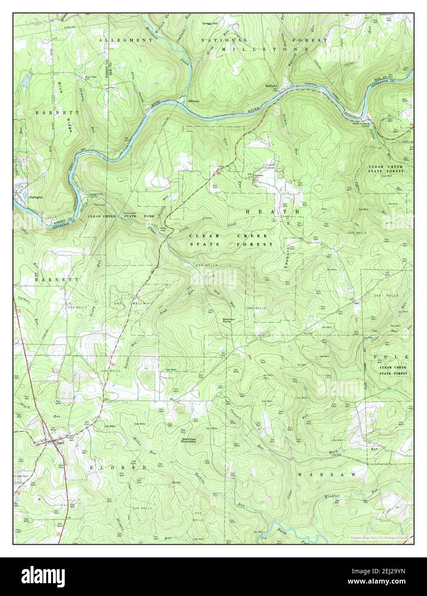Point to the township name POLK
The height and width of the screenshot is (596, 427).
392,357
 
